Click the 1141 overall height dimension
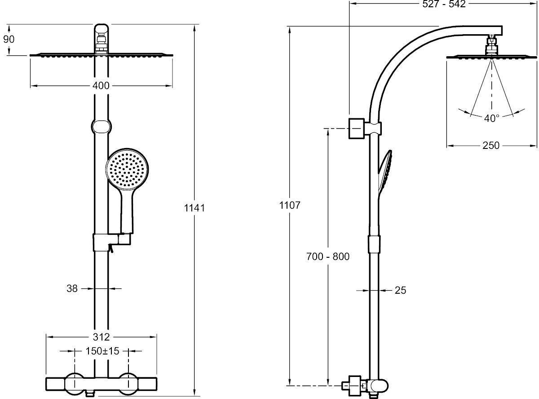(194, 208)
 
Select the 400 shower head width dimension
(101, 85)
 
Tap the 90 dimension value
(9, 39)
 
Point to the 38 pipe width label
(72, 288)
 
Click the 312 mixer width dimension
(102, 336)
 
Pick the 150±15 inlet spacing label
(102, 351)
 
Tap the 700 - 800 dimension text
(328, 257)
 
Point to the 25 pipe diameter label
(400, 291)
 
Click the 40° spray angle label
(492, 118)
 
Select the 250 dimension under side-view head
(491, 145)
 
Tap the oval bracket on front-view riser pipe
(102, 126)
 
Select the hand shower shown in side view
(385, 173)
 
